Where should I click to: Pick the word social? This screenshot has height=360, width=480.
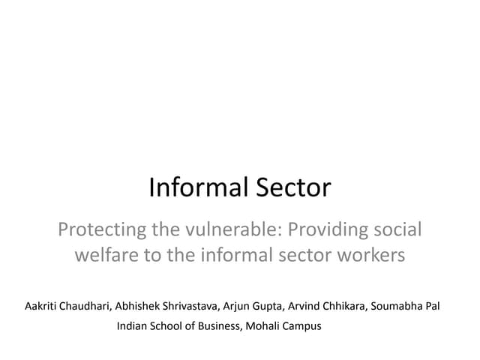coord(397,229)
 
